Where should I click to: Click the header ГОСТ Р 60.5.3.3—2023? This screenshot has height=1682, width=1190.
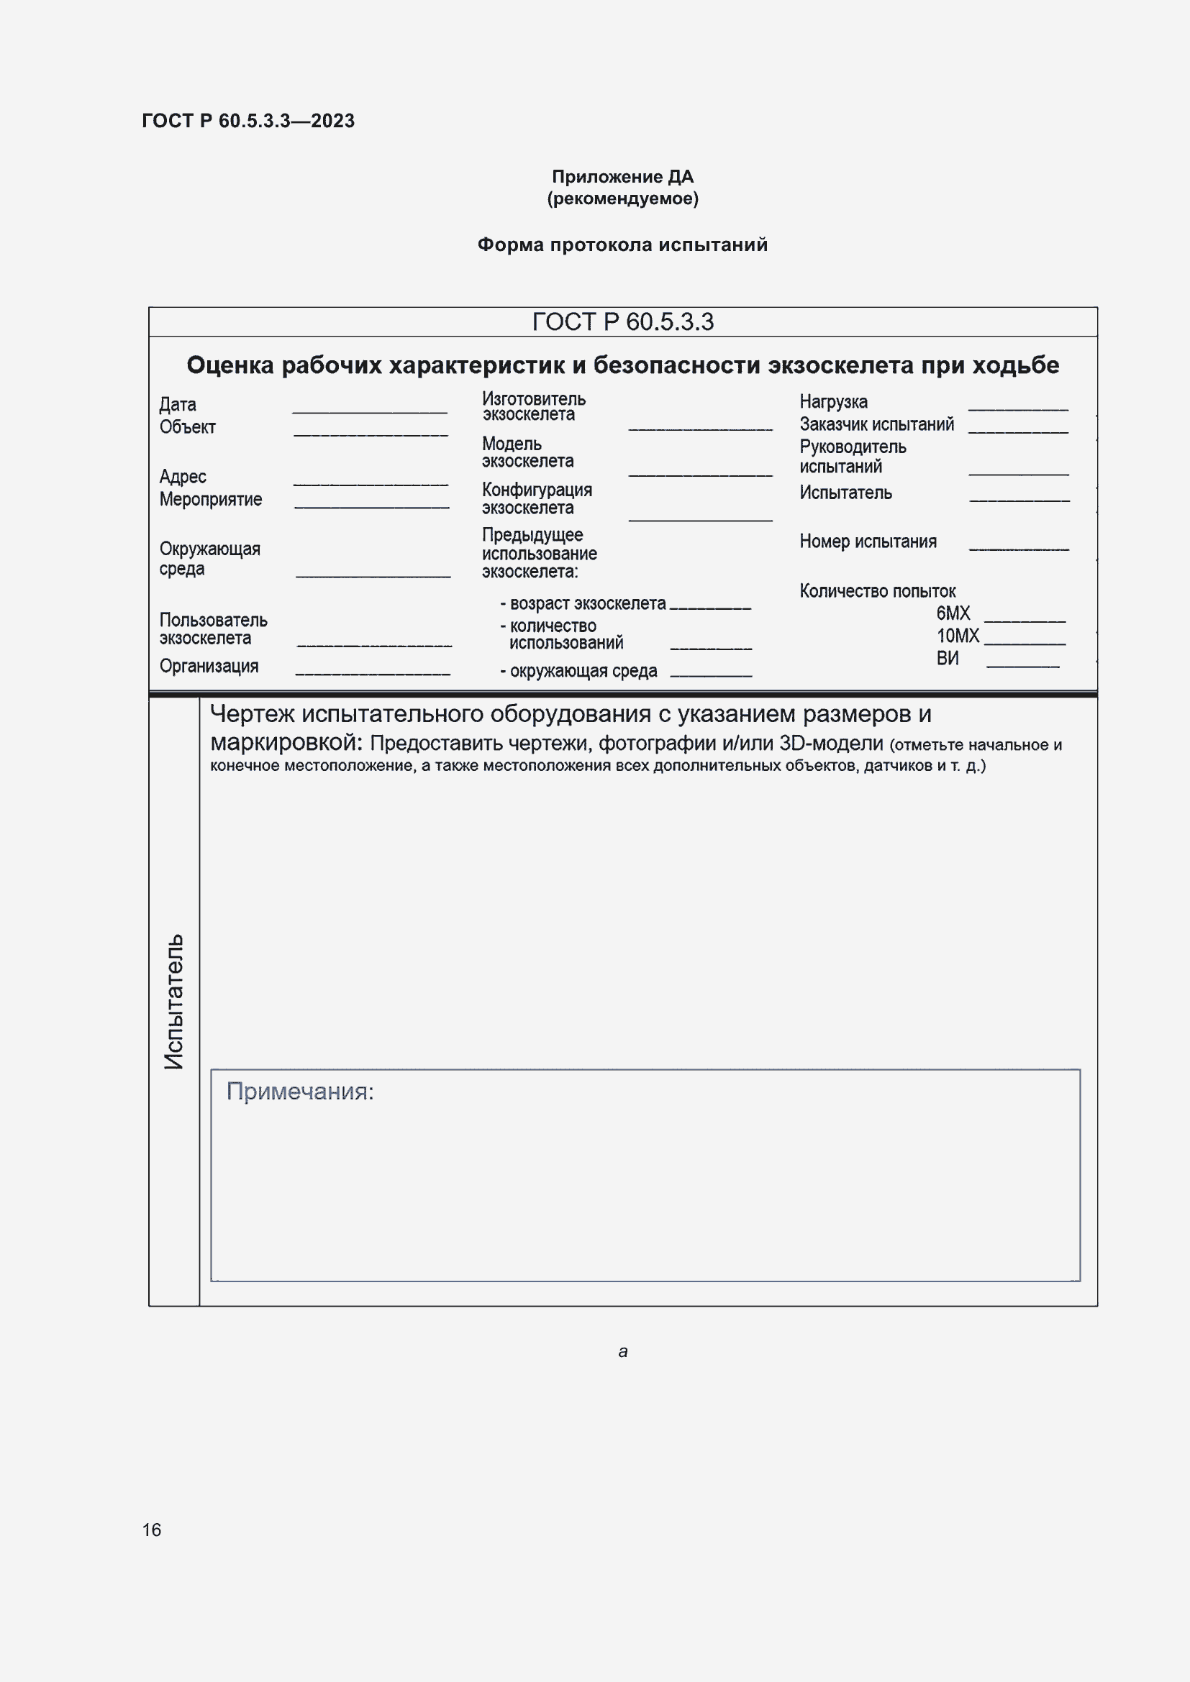point(247,121)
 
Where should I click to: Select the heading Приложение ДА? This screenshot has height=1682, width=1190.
point(622,177)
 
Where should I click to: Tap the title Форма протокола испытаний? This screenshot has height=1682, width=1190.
point(622,244)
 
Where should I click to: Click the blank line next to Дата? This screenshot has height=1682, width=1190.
point(369,412)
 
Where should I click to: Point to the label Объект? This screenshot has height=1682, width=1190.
point(188,427)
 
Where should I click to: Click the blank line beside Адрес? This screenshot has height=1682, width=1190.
point(370,483)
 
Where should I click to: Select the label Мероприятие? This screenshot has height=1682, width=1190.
point(210,500)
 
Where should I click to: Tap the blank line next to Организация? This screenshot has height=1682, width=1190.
point(372,673)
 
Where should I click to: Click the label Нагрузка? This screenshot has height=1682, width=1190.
point(833,402)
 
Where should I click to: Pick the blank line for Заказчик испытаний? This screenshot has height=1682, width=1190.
point(1018,431)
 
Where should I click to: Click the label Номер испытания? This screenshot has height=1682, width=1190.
point(868,542)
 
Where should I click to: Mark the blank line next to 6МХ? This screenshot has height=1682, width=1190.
point(1025,621)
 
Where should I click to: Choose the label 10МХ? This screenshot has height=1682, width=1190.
point(957,636)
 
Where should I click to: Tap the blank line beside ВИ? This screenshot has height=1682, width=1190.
point(1023,666)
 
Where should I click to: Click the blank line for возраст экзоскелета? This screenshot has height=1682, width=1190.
point(710,608)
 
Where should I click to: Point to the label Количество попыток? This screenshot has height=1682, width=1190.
point(877,591)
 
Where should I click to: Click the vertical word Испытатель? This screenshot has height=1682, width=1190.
point(173,1001)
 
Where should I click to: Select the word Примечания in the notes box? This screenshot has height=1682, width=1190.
point(299,1092)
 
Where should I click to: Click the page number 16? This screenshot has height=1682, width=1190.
point(152,1530)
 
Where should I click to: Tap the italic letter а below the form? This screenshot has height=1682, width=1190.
point(623,1352)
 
